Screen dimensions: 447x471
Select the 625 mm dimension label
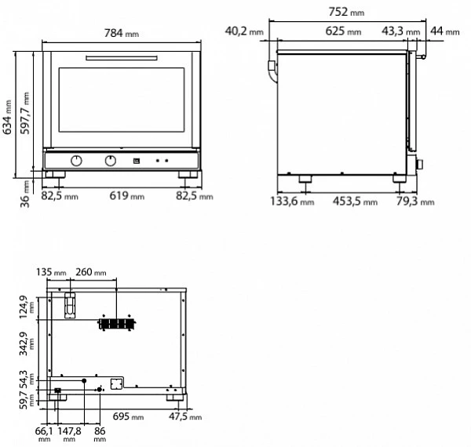pyautogui.click(x=343, y=31)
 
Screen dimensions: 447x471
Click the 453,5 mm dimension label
pyautogui.click(x=349, y=202)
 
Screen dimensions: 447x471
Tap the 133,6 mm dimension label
pyautogui.click(x=291, y=202)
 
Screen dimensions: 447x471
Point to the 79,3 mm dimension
pyautogui.click(x=412, y=202)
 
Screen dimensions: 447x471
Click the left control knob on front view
pyautogui.click(x=77, y=161)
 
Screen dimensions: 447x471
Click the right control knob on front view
pyautogui.click(x=110, y=161)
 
